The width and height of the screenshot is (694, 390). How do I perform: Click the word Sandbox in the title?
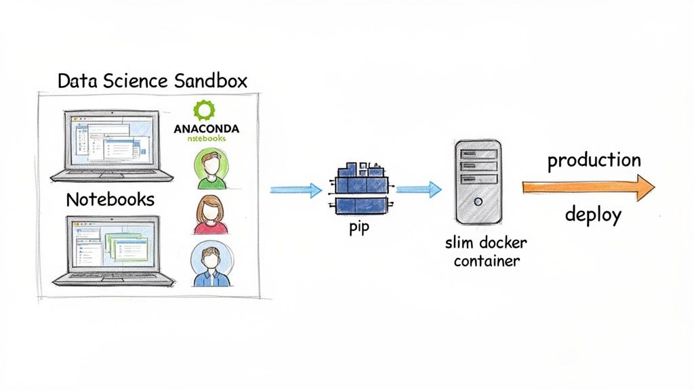(x=211, y=82)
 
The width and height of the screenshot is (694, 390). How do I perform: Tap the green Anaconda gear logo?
(x=203, y=110)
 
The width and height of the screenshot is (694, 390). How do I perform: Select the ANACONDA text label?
(x=206, y=127)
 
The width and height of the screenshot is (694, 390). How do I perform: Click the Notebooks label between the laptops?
(x=110, y=200)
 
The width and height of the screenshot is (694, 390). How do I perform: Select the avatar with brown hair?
(x=210, y=213)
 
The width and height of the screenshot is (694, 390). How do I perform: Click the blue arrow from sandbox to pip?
(x=295, y=190)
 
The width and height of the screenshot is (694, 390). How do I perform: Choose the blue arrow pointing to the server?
(x=418, y=190)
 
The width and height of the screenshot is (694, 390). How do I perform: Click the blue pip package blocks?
(x=359, y=187)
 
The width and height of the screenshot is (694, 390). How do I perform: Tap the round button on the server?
(x=478, y=201)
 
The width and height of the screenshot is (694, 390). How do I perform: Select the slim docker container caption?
(x=485, y=251)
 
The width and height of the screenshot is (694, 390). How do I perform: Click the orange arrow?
(x=587, y=188)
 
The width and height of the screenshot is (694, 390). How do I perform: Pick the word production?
(x=594, y=160)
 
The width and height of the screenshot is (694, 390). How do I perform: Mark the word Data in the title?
(x=75, y=82)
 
